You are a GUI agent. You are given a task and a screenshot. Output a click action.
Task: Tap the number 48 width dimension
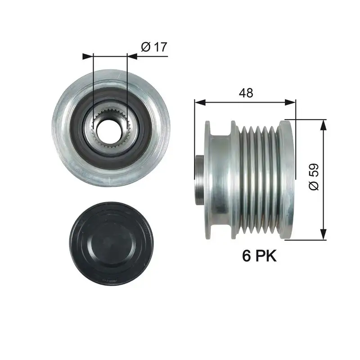pos(246,93)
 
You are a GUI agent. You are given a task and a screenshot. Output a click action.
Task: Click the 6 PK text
pos(259,256)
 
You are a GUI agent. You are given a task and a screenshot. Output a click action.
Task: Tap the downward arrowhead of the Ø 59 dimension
pos(323,234)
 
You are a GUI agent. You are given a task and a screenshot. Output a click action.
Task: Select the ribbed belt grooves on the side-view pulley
pos(259,180)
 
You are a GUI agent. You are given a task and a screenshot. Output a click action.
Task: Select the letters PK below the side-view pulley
pos(266,256)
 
